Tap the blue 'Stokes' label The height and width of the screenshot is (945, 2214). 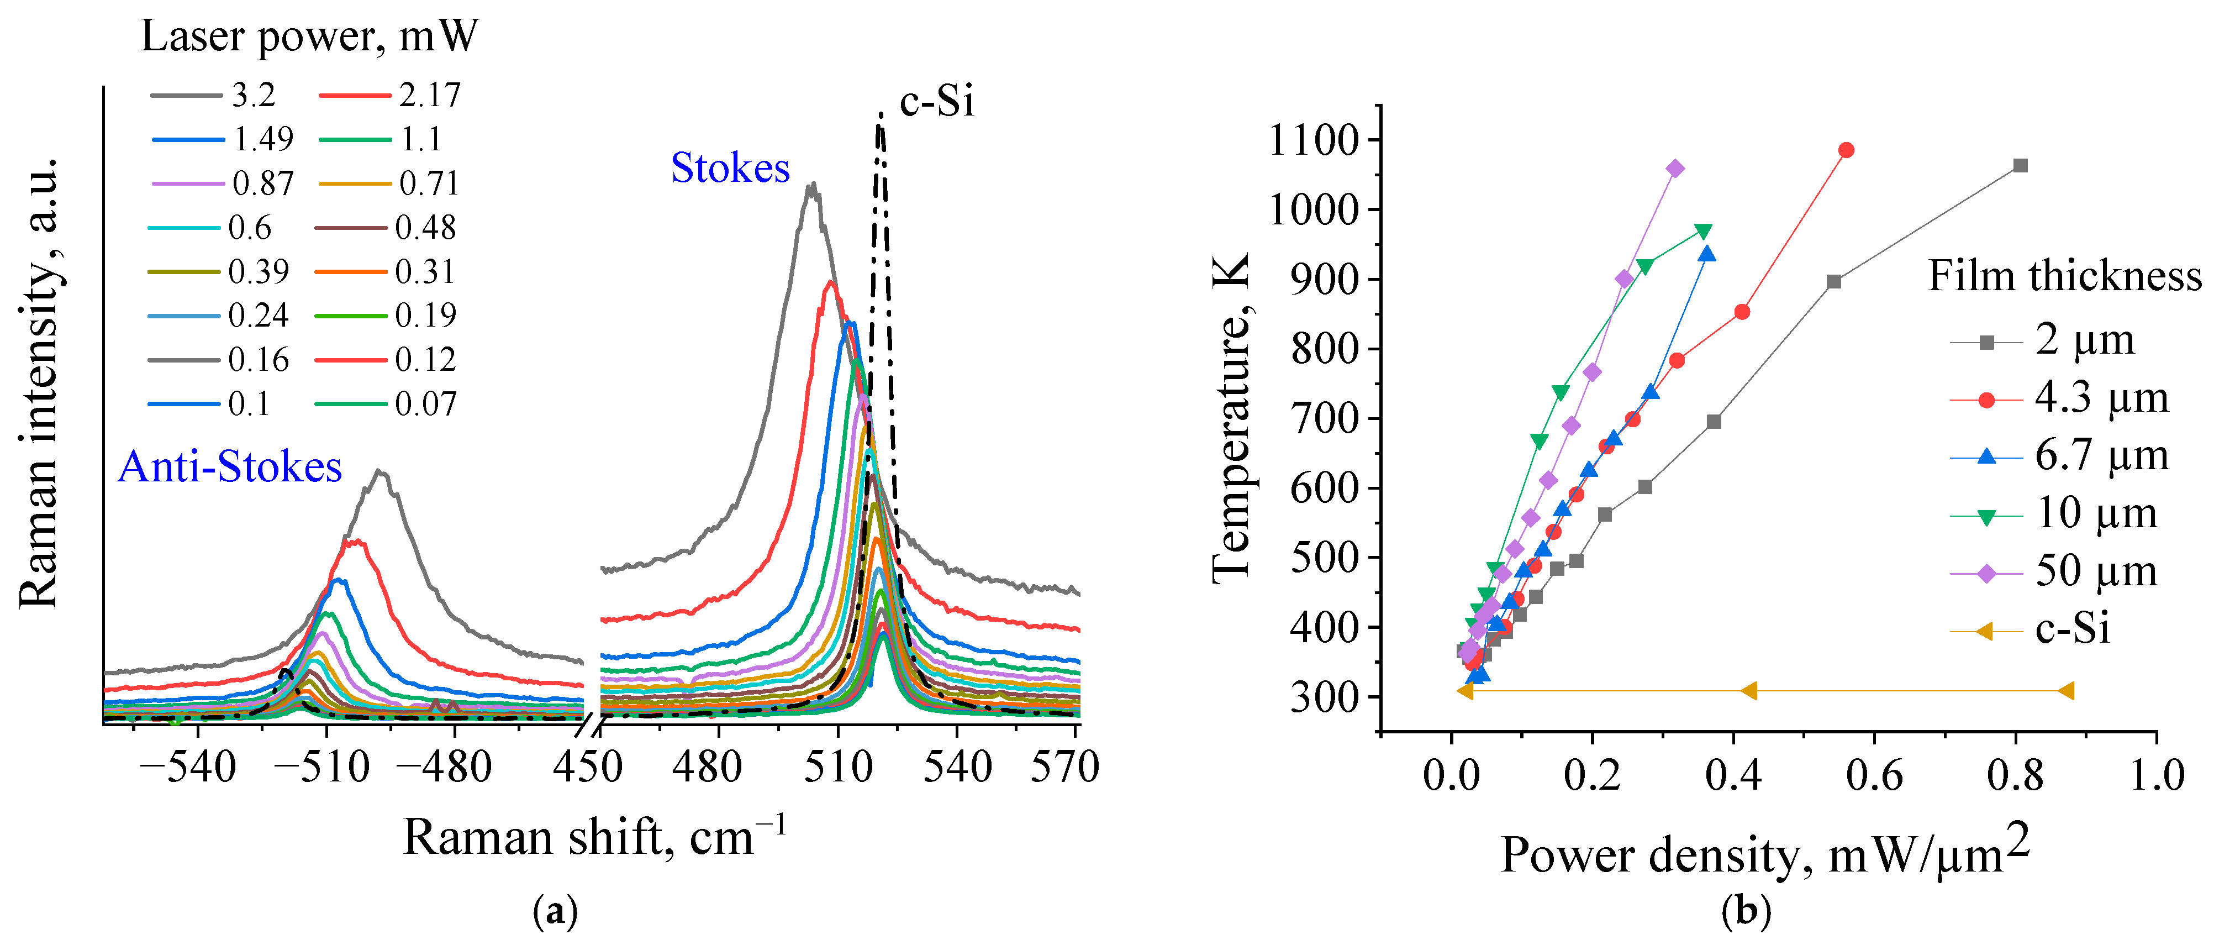730,167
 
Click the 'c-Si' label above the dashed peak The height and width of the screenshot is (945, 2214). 937,102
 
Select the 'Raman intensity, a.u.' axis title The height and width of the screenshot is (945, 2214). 39,382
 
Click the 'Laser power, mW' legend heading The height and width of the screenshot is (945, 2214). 309,36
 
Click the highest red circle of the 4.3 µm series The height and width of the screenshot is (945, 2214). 1846,150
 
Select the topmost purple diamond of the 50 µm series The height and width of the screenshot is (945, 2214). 1675,169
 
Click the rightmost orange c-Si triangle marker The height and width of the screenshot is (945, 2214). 2066,690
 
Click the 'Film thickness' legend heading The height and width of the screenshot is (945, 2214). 2064,276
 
